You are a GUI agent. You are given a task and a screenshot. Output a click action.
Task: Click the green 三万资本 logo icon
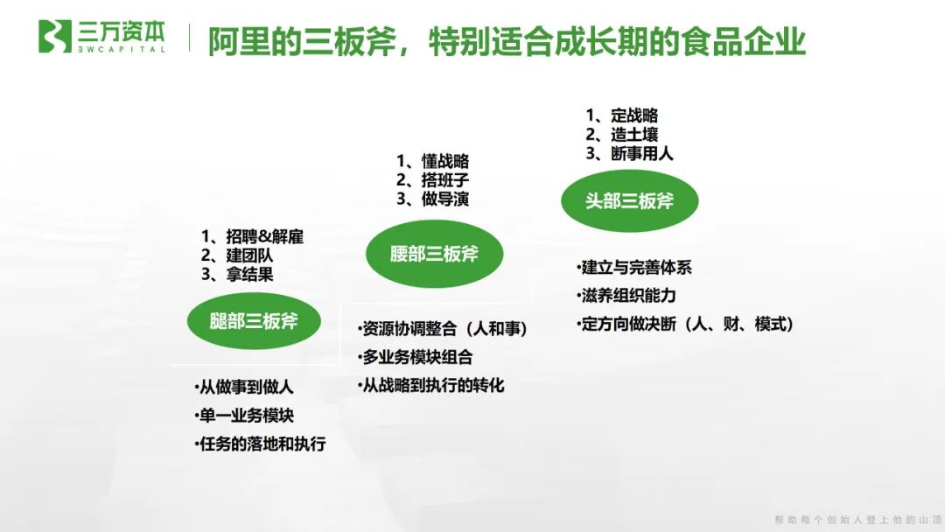(x=55, y=37)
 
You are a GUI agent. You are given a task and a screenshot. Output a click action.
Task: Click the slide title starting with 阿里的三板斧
(x=507, y=41)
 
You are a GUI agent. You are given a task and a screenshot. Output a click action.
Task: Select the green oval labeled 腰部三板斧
(x=434, y=254)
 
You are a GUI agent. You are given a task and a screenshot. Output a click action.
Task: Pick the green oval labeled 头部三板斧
(x=630, y=200)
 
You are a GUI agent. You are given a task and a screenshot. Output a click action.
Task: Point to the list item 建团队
(x=249, y=255)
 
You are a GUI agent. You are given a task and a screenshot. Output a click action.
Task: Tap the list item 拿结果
(x=249, y=275)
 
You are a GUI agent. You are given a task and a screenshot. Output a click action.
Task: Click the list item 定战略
(x=634, y=115)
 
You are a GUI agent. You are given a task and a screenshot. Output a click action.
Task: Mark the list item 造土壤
(x=634, y=134)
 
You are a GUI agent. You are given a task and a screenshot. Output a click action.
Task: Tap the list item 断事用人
(x=642, y=153)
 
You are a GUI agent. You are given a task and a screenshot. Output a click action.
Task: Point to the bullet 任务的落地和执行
(x=261, y=444)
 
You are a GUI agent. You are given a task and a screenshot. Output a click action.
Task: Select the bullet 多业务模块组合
(x=416, y=357)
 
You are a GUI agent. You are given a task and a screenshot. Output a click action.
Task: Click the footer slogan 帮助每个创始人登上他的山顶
(x=853, y=520)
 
